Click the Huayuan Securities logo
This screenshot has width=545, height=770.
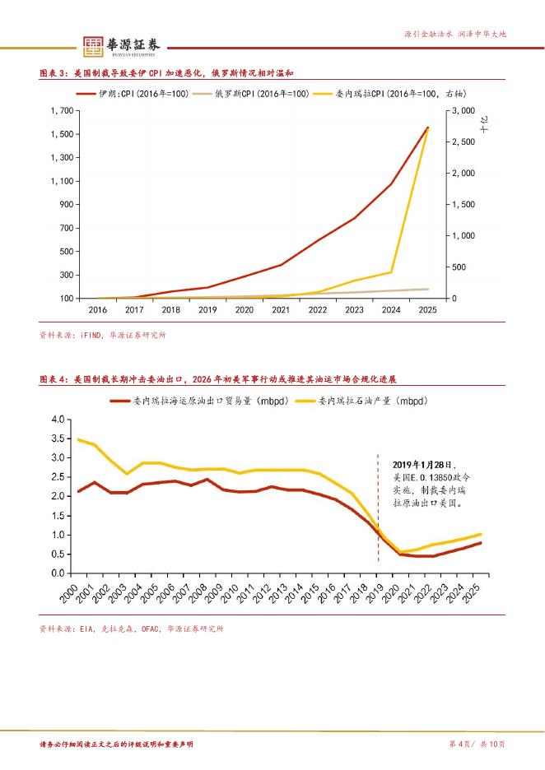pos(123,45)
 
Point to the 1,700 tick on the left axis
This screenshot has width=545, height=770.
pos(61,110)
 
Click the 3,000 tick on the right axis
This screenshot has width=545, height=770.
pos(462,110)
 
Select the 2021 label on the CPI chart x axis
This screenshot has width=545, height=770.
pos(280,310)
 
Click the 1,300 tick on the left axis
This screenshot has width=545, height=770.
pos(61,157)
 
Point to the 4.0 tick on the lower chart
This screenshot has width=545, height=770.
pos(57,420)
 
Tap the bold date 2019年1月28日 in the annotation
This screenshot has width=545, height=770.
pos(423,464)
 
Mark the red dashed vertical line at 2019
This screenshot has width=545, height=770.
pos(378,510)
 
